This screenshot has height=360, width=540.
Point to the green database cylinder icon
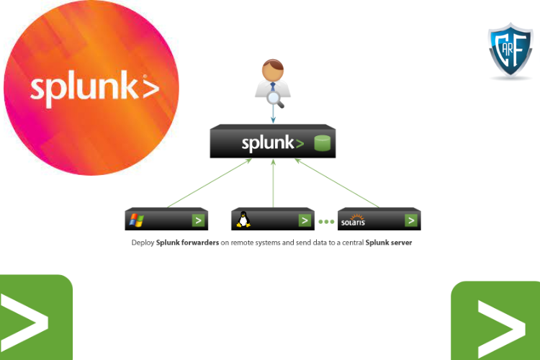click(322, 143)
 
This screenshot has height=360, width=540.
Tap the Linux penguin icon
click(243, 220)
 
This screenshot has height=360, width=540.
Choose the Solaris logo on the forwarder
click(353, 220)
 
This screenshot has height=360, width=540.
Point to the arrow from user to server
click(274, 115)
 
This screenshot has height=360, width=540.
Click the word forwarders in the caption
click(197, 243)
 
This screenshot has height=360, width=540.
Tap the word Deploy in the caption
click(143, 243)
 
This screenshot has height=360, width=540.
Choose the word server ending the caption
click(400, 243)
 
